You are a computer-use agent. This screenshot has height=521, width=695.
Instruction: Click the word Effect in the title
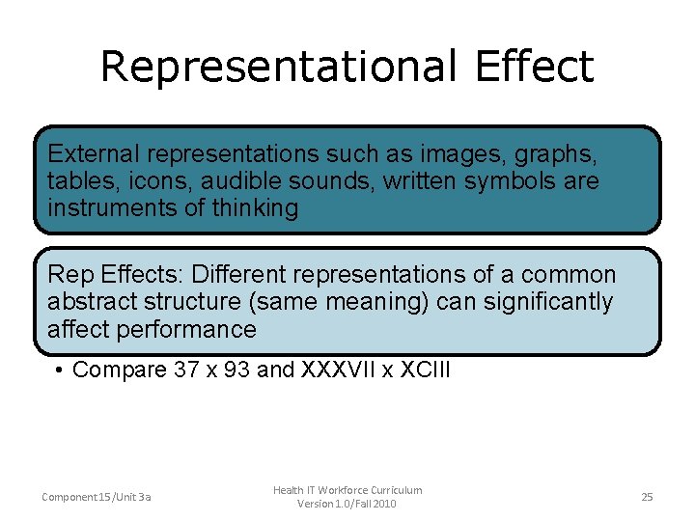(534, 68)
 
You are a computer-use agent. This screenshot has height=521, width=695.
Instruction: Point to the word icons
(145, 180)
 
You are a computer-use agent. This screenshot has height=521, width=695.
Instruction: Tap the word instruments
(105, 207)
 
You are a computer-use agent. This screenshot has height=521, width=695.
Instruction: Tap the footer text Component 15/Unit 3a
(97, 497)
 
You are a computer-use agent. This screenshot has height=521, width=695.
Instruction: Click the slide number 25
(647, 497)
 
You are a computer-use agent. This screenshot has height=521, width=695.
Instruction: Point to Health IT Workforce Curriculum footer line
(347, 490)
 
